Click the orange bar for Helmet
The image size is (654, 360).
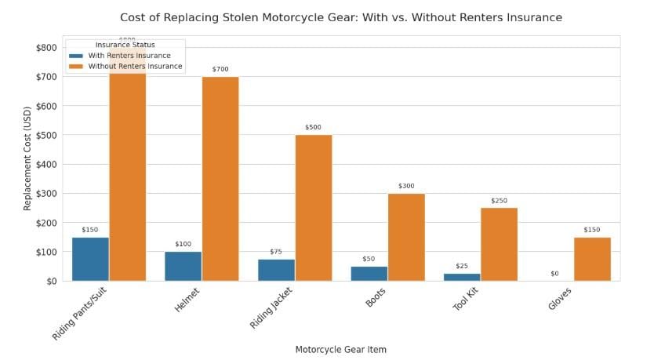(220, 178)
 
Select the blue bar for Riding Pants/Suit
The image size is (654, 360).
(90, 259)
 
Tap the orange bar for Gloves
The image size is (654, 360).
(592, 259)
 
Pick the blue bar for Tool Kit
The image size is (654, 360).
(462, 277)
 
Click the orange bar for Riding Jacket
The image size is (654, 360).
(313, 208)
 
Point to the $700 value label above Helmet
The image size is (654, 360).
(220, 70)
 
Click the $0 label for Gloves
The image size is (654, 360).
(555, 273)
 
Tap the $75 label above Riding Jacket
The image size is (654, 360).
(275, 252)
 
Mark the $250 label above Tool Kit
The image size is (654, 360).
(500, 201)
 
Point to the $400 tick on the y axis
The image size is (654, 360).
(45, 164)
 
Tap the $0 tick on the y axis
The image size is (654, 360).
(49, 281)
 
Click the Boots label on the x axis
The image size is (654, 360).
(375, 300)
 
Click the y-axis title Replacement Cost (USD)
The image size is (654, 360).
(27, 164)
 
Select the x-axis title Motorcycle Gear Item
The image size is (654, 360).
(341, 349)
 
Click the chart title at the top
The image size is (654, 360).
(341, 17)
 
